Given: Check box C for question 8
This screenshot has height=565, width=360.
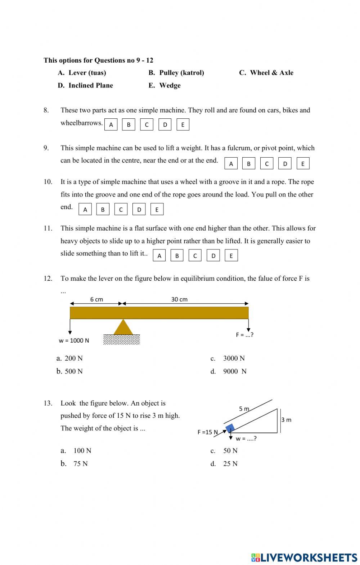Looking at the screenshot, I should pyautogui.click(x=147, y=125).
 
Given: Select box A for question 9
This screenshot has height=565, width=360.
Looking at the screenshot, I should pyautogui.click(x=231, y=164).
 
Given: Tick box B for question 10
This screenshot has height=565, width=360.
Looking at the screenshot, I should pyautogui.click(x=103, y=209).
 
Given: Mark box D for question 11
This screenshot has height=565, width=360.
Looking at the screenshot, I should pyautogui.click(x=213, y=256).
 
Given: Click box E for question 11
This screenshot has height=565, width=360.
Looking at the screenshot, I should pyautogui.click(x=231, y=256).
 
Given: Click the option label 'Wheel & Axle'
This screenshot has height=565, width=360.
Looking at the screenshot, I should pyautogui.click(x=271, y=73).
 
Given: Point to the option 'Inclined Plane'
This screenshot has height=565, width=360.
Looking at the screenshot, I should pyautogui.click(x=90, y=85).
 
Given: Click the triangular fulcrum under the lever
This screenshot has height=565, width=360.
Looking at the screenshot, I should pyautogui.click(x=123, y=328).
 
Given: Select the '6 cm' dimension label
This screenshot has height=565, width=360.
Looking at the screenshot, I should pyautogui.click(x=96, y=299).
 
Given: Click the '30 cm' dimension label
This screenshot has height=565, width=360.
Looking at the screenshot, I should pyautogui.click(x=179, y=299).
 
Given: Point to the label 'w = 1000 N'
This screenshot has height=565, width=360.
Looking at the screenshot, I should pyautogui.click(x=74, y=340).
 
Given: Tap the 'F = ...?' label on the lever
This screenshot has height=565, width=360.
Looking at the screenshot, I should pyautogui.click(x=244, y=335).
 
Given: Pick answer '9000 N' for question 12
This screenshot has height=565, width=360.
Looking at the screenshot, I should pyautogui.click(x=234, y=371).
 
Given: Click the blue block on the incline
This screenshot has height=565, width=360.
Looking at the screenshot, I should pyautogui.click(x=230, y=428).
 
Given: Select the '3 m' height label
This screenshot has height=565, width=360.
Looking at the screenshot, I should pyautogui.click(x=286, y=420).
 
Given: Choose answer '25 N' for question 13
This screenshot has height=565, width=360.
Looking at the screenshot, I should pyautogui.click(x=230, y=464).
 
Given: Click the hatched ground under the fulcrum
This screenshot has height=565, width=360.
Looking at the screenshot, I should pyautogui.click(x=122, y=340).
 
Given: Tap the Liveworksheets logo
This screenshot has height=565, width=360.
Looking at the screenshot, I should pyautogui.click(x=304, y=557).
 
